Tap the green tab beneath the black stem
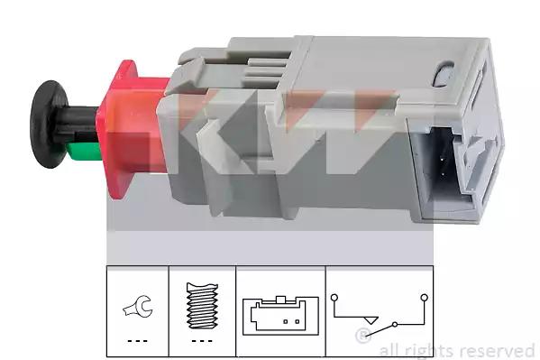point(85,152)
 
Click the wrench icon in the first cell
point(138,307)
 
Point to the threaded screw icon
point(202,306)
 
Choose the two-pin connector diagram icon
point(280,315)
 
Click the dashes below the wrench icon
point(137,341)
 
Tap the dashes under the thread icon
point(202,341)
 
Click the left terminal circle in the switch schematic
point(334,297)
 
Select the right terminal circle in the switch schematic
point(425,297)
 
